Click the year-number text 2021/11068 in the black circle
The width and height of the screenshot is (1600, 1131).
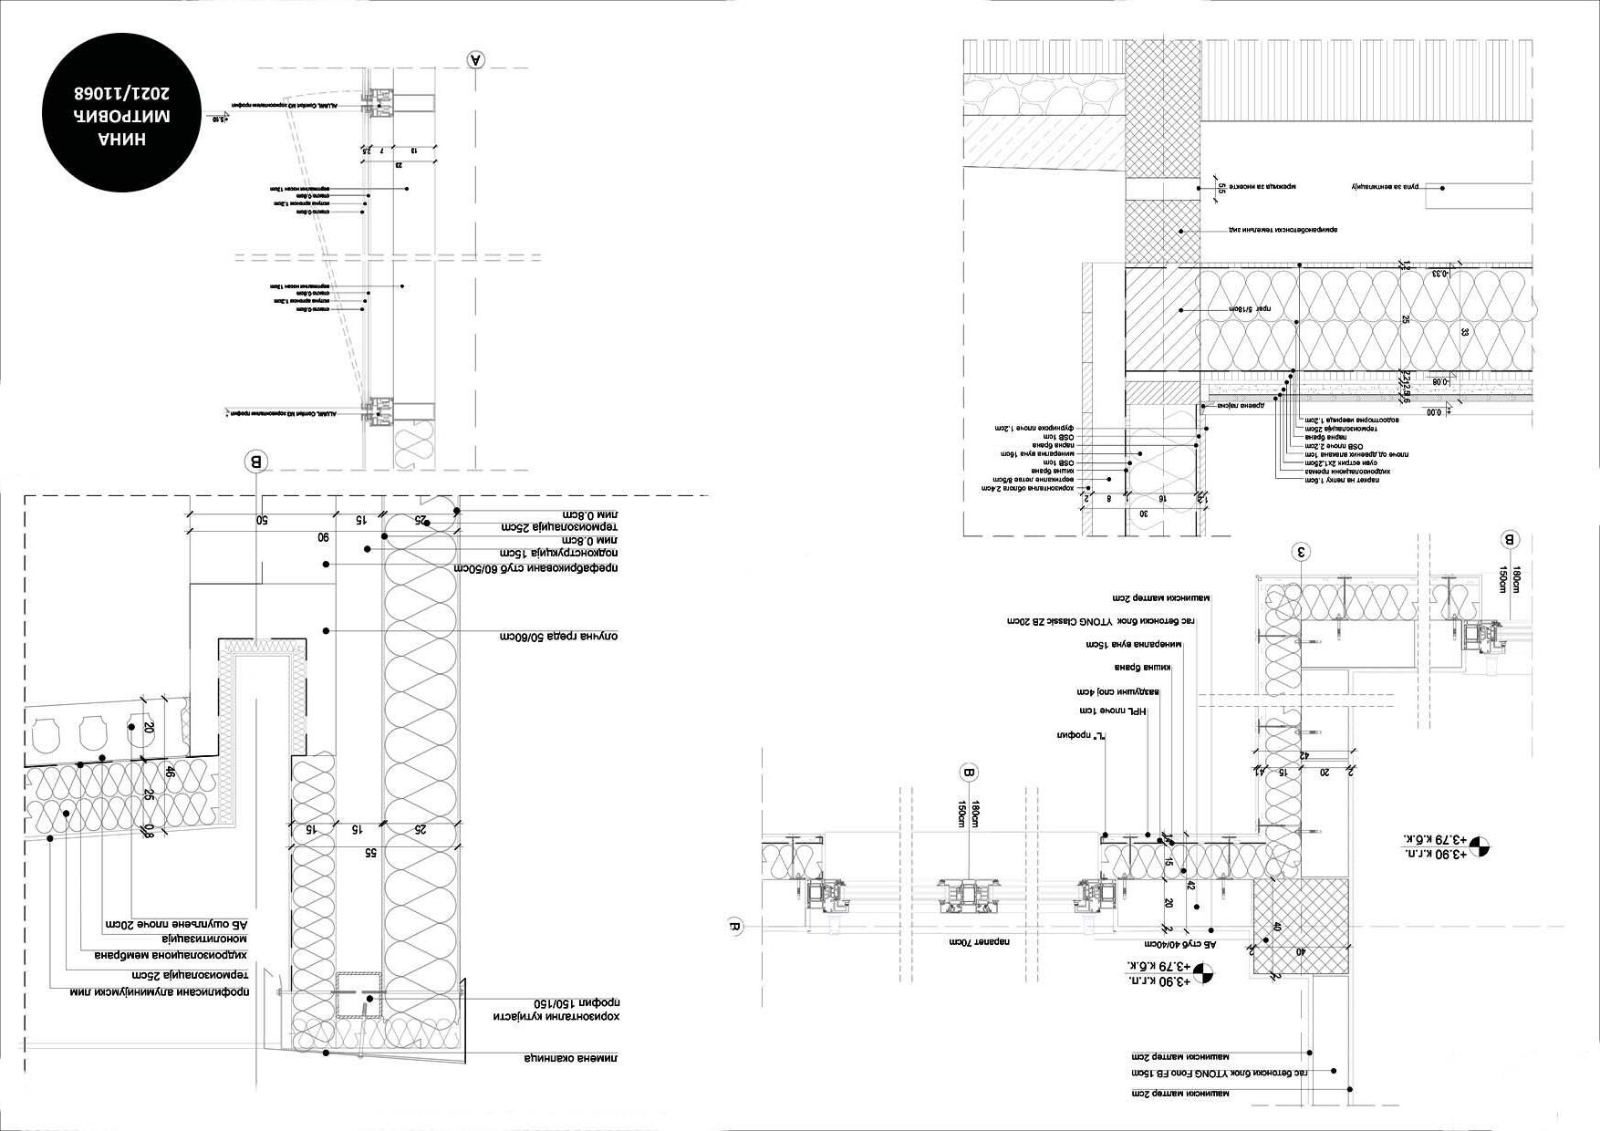[x=121, y=93]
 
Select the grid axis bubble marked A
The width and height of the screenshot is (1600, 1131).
[x=475, y=59]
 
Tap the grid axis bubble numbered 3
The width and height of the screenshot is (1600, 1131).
[x=1302, y=551]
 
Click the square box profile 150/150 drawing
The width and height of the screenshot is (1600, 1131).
[x=358, y=996]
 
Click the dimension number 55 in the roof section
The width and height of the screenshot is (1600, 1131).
[x=369, y=852]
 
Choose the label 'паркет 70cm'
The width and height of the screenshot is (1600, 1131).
[x=977, y=940]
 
